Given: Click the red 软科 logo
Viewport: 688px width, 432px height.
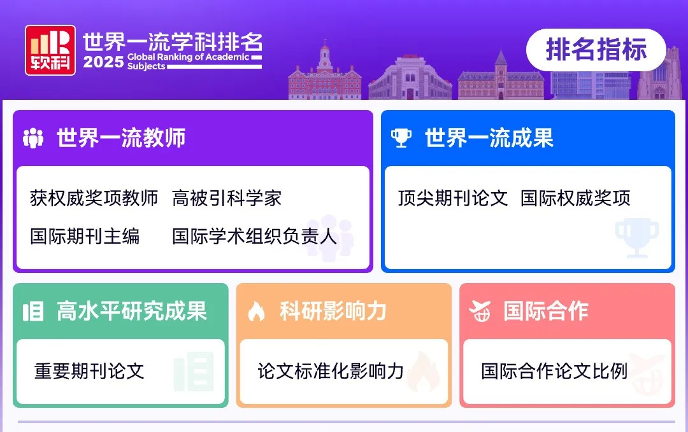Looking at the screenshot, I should [50, 50].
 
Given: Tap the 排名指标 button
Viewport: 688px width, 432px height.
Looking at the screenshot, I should [596, 50].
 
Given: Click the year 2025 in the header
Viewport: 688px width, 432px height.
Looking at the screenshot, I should [103, 62].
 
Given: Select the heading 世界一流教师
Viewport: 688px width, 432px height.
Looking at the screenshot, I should [121, 138].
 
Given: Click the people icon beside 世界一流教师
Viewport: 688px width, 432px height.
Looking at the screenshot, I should [33, 138].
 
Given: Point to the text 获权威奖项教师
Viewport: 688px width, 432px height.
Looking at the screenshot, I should [94, 199].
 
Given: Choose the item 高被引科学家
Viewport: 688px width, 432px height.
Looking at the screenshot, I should [227, 199].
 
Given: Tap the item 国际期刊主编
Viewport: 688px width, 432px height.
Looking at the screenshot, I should [85, 237].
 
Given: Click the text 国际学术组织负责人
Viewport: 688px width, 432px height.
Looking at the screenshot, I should [254, 237].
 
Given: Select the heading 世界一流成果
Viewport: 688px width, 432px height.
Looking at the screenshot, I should [489, 138].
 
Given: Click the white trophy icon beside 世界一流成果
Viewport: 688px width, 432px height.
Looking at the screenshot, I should [401, 138].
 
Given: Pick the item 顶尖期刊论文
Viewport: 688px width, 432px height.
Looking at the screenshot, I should [453, 199].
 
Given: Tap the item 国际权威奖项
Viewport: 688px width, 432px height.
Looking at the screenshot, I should [575, 199].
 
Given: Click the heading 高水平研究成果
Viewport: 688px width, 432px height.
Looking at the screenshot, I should [132, 311].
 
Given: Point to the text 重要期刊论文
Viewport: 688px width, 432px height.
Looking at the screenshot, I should [89, 371].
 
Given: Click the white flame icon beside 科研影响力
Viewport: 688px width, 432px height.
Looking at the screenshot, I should [256, 312].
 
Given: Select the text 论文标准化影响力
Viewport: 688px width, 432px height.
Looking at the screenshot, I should [331, 371].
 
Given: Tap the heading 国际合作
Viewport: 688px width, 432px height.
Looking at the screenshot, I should [546, 311].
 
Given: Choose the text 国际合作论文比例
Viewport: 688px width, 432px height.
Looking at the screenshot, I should [554, 371].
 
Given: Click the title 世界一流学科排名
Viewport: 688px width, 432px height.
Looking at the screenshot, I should [172, 42].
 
